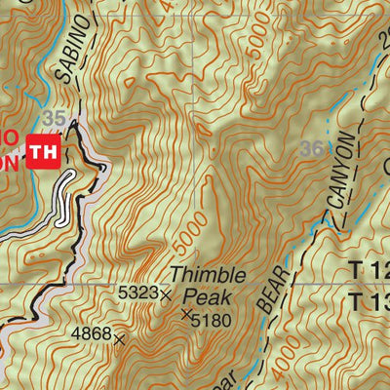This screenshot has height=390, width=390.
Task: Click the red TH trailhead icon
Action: coord(43,151)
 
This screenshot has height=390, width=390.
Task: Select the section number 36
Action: coord(312,148)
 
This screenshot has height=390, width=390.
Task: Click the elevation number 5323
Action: coord(136,292)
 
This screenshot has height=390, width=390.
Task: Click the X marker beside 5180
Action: coord(185,314)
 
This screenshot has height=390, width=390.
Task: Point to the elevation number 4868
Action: coord(91,334)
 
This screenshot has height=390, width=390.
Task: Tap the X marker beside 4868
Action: coord(120,339)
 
